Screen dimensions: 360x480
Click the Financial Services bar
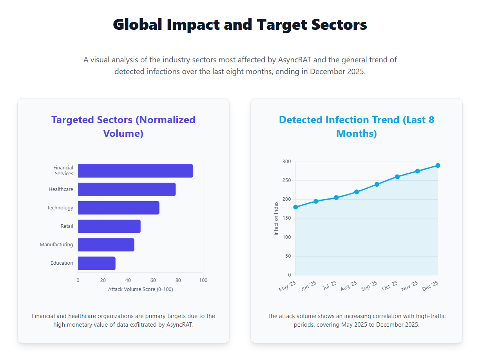click(x=135, y=171)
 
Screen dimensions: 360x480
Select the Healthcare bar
click(x=127, y=189)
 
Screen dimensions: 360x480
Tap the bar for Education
click(x=96, y=263)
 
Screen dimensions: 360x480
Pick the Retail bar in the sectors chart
click(x=109, y=226)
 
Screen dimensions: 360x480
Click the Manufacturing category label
click(x=56, y=245)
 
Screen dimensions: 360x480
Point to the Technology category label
click(x=60, y=208)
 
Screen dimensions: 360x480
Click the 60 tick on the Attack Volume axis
click(x=153, y=280)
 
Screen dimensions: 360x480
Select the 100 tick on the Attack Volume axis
click(x=203, y=280)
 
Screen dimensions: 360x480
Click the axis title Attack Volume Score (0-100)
click(x=140, y=289)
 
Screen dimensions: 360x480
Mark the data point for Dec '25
click(x=438, y=165)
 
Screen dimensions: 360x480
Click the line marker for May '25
click(x=295, y=207)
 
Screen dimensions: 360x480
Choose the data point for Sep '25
click(x=377, y=184)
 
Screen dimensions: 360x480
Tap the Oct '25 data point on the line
click(x=397, y=177)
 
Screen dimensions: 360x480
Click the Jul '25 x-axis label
click(x=330, y=285)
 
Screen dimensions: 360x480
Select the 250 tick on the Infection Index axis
click(x=286, y=181)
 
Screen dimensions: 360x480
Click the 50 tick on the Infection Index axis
click(x=288, y=256)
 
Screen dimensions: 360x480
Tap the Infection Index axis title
click(x=276, y=218)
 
